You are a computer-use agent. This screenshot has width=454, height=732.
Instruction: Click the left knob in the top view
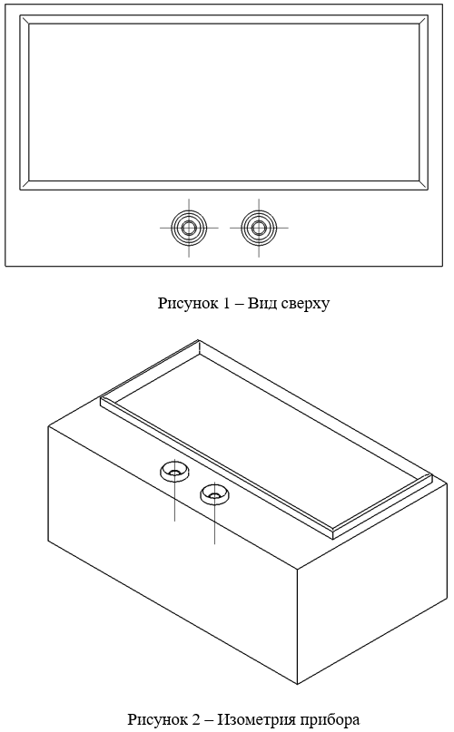click(189, 228)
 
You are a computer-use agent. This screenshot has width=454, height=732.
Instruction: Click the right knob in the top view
click(259, 228)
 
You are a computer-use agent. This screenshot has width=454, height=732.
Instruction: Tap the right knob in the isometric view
click(214, 494)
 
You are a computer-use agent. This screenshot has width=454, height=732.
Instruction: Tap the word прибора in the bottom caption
click(331, 719)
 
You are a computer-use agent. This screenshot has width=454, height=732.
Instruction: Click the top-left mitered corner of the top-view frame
click(25, 20)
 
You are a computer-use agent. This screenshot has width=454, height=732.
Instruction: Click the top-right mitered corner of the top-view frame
click(423, 20)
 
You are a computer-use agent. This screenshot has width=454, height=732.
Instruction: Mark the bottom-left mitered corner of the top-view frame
click(25, 185)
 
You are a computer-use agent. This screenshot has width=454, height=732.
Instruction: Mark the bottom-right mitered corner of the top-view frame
click(423, 185)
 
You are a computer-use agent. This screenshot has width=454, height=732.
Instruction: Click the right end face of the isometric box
click(372, 583)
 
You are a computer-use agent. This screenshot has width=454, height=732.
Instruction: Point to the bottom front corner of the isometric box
click(298, 685)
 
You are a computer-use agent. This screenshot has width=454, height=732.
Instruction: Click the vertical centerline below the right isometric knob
click(214, 522)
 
